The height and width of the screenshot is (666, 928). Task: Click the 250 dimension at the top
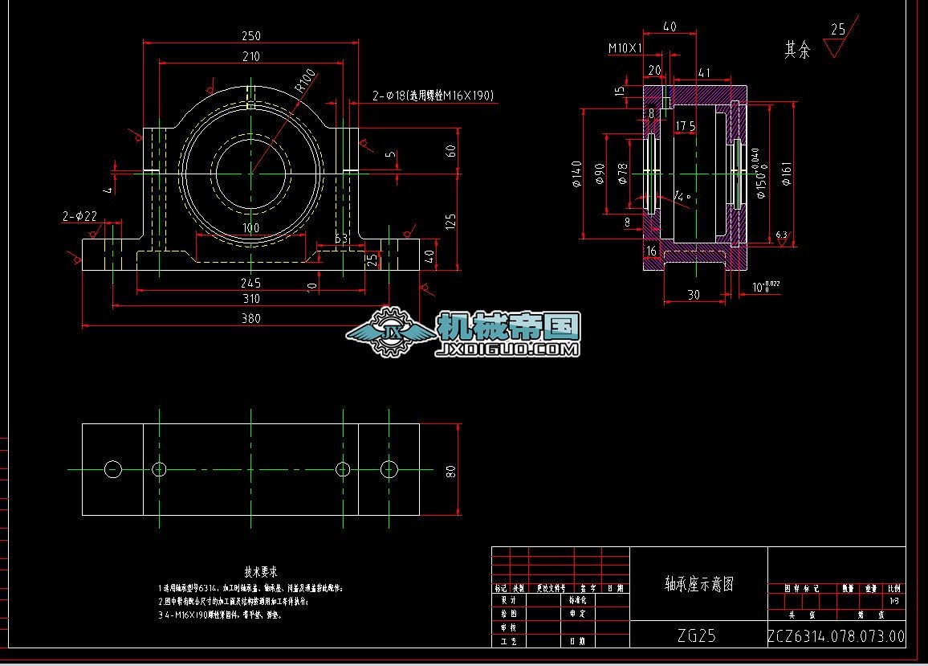pyautogui.click(x=250, y=36)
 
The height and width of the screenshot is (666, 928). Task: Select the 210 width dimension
pyautogui.click(x=250, y=56)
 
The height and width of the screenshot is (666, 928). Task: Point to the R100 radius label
pyautogui.click(x=305, y=80)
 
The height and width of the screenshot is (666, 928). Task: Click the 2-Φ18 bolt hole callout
pyautogui.click(x=433, y=96)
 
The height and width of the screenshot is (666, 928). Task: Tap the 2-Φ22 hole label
pyautogui.click(x=79, y=216)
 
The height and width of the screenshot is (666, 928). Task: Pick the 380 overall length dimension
pyautogui.click(x=251, y=318)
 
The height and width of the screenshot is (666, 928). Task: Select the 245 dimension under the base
pyautogui.click(x=251, y=283)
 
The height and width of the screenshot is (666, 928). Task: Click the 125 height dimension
pyautogui.click(x=450, y=219)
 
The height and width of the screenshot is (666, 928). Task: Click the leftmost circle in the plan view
pyautogui.click(x=113, y=468)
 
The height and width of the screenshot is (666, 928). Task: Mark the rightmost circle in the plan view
pyautogui.click(x=389, y=468)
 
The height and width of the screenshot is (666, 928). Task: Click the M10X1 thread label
pyautogui.click(x=625, y=48)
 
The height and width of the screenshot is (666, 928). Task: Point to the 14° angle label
pyautogui.click(x=682, y=196)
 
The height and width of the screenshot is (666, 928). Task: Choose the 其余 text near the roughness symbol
pyautogui.click(x=797, y=50)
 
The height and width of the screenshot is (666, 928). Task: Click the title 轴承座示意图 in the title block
pyautogui.click(x=698, y=583)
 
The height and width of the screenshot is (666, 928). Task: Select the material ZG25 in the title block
pyautogui.click(x=696, y=635)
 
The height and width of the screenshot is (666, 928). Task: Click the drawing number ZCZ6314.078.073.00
pyautogui.click(x=836, y=636)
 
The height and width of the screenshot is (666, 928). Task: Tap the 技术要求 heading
pyautogui.click(x=261, y=571)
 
